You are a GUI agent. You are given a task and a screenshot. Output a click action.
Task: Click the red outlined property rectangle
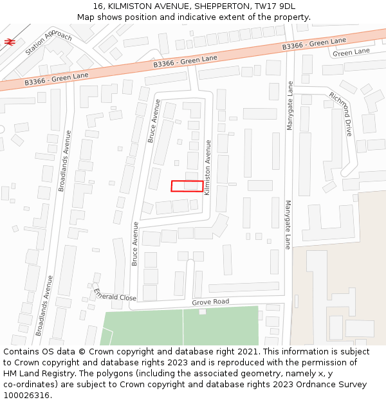(x=187, y=186)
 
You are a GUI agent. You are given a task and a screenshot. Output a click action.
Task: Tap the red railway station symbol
(x=10, y=42)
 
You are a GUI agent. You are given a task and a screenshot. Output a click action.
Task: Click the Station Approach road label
(x=49, y=43)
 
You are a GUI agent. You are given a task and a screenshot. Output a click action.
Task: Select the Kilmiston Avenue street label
(x=208, y=168)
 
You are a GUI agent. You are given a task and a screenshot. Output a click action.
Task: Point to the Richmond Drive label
(x=341, y=114)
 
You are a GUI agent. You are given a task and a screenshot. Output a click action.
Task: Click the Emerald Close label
(x=115, y=295)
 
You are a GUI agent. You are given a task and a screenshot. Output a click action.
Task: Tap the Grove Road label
(x=210, y=302)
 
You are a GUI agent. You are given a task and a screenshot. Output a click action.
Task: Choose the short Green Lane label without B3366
(x=351, y=51)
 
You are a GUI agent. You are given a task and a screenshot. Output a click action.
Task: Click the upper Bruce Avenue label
(x=154, y=121)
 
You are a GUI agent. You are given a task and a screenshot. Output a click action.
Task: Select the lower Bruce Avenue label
(x=135, y=244)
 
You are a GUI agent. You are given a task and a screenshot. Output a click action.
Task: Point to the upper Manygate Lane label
(x=290, y=105)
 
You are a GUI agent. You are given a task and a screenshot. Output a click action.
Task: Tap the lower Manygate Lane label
(x=288, y=224)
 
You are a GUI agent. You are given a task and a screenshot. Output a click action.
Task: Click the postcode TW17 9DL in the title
(x=274, y=6)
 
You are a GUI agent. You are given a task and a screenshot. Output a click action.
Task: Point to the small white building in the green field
(x=202, y=311)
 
